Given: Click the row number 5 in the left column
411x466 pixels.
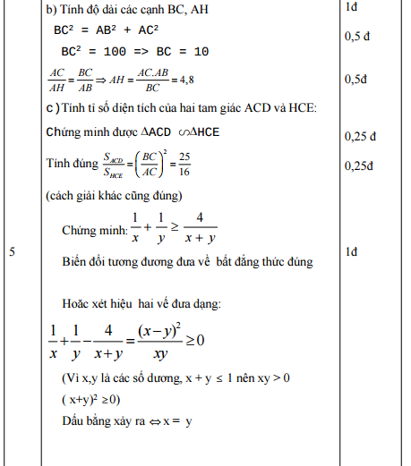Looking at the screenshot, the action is [13, 253].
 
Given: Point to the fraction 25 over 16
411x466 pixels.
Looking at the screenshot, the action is [184, 164].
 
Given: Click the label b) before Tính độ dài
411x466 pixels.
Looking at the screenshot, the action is [52, 9].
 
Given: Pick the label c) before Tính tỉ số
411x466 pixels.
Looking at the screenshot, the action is [52, 109].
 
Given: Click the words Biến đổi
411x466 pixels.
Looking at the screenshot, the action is [85, 261].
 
